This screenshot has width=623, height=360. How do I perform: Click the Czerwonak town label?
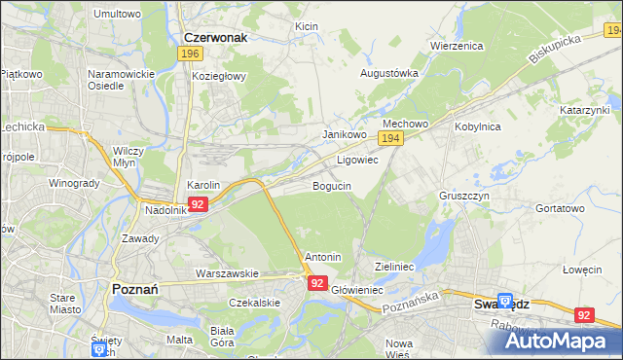click(215, 37)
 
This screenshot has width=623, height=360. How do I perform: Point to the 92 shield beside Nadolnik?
click(198, 204)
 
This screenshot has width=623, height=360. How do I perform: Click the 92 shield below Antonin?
click(317, 282)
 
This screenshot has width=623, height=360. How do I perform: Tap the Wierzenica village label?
click(457, 46)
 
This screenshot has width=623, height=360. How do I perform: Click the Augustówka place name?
click(389, 73)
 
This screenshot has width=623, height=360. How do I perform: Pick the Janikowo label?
click(344, 135)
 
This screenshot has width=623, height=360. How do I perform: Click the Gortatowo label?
click(560, 208)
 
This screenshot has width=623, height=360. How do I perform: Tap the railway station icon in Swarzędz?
click(505, 302)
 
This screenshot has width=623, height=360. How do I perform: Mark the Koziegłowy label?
click(220, 75)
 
